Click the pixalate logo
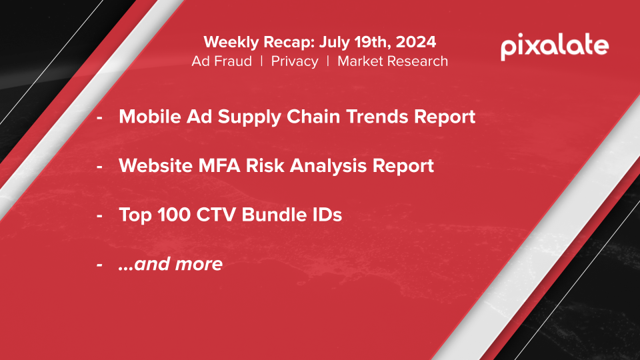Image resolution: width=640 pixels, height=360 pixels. point(555,47)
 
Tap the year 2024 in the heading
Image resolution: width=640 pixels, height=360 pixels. point(416,42)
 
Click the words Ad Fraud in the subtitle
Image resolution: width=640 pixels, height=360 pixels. point(221,61)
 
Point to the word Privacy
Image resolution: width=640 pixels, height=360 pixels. point(295,61)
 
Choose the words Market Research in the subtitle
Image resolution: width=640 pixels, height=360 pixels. point(393,61)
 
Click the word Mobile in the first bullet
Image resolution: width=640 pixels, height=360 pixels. point(150,116)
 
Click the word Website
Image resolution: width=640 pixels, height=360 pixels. point(155,166)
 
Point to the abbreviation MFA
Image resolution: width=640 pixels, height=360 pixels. point(219,166)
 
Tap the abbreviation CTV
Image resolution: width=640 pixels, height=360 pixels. point(214,215)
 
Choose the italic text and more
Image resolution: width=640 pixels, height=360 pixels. point(171,264)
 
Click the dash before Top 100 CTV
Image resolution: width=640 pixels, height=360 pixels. point(99,215)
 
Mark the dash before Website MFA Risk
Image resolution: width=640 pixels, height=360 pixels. point(99,167)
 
